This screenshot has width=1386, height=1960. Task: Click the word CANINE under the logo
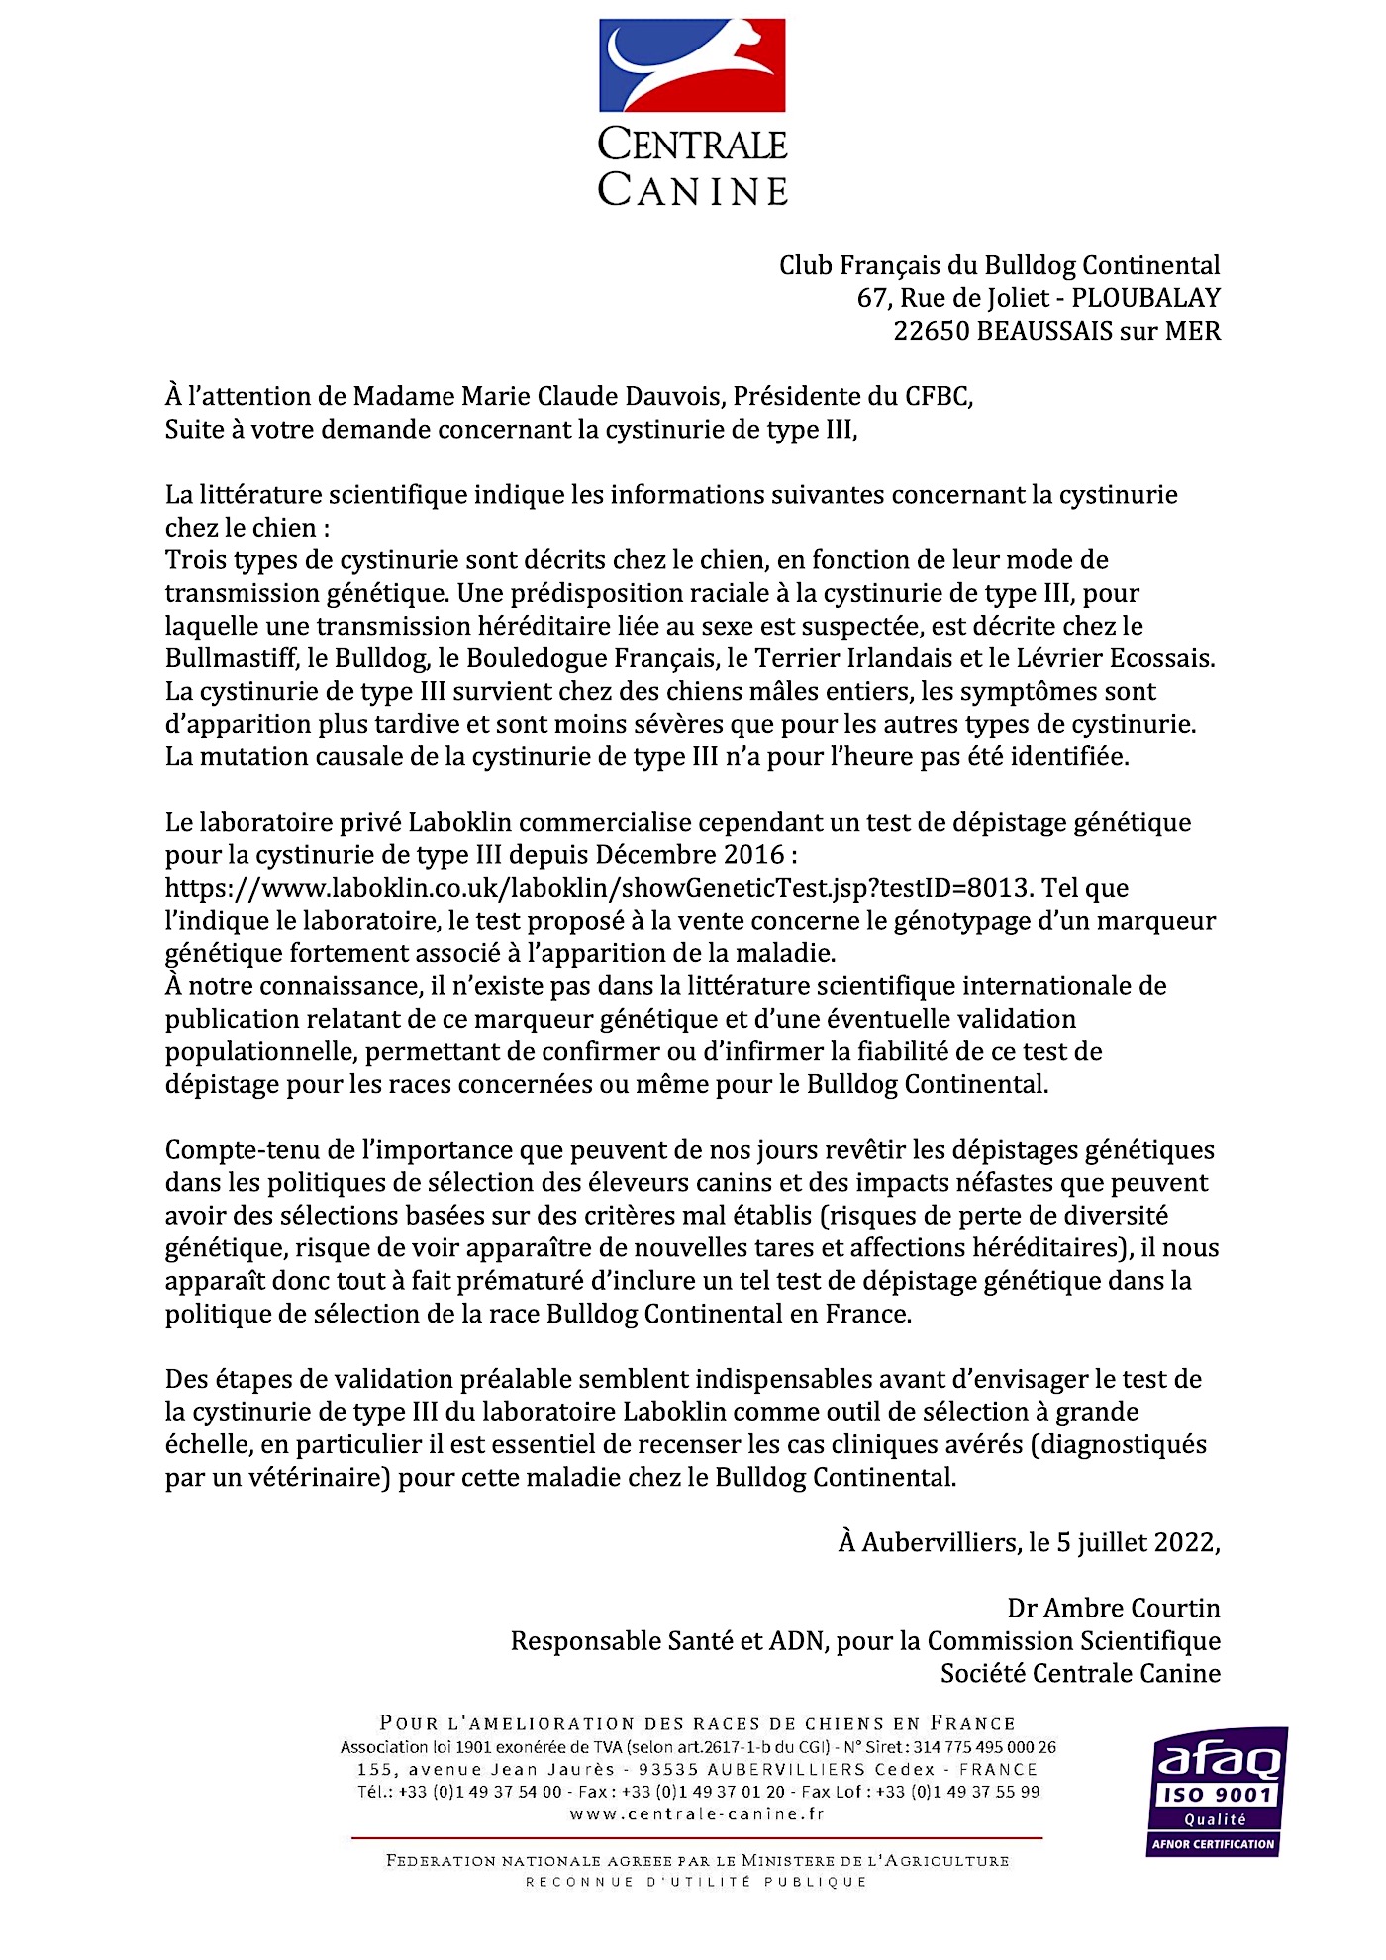(693, 189)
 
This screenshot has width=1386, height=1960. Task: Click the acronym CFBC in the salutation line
(938, 396)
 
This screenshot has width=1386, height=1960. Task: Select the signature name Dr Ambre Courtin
(1113, 1608)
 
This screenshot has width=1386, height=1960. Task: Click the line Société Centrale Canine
(1080, 1673)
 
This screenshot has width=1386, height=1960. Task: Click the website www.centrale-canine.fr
(697, 1814)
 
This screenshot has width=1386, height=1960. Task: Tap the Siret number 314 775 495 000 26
(984, 1747)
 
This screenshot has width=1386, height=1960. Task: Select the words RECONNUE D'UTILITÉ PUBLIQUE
(697, 1882)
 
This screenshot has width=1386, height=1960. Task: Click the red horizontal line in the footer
(697, 1838)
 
